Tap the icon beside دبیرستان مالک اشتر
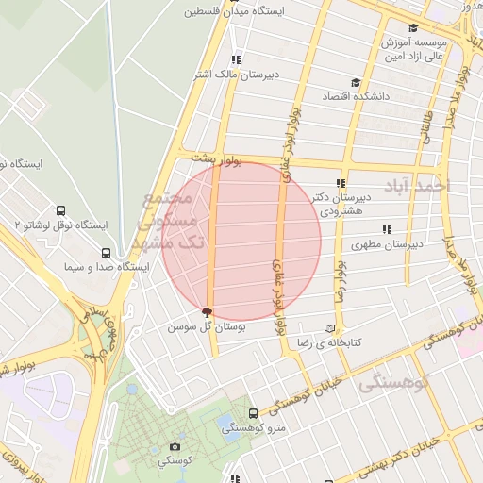236,58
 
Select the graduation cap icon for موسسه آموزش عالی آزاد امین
413,28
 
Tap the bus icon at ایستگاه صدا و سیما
106,253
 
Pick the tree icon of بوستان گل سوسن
208,312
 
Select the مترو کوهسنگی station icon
253,413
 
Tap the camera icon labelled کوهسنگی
175,446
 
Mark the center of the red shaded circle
241,241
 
